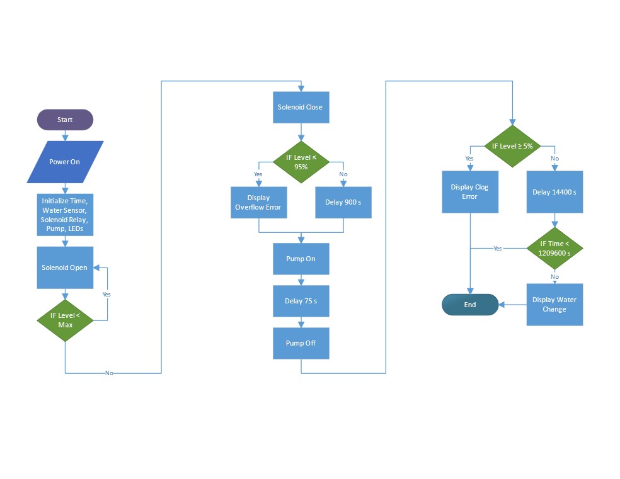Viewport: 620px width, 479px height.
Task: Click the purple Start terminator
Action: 65,120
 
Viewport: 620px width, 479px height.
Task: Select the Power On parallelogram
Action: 65,162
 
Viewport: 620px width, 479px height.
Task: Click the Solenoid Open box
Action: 65,268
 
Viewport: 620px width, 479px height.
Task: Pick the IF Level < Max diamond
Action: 65,320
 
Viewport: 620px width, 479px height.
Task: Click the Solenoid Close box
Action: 301,107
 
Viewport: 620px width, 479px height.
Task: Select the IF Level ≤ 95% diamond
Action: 301,162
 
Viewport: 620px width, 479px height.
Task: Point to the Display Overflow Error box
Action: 258,202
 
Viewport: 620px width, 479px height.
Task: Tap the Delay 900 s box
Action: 343,202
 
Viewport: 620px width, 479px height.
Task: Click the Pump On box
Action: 301,259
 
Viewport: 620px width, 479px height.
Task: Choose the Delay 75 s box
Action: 301,301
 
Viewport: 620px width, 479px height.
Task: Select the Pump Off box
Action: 301,343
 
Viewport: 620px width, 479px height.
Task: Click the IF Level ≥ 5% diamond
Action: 512,146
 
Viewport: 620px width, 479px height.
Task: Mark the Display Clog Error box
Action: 469,191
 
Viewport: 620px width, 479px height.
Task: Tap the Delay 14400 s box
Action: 554,191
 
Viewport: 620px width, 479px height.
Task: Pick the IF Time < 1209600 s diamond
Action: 554,248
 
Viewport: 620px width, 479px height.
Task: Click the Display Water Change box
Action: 554,305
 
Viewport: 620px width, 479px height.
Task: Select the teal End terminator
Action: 469,305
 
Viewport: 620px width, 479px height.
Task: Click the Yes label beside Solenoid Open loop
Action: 106,294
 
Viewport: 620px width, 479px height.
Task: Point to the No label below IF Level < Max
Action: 109,373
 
